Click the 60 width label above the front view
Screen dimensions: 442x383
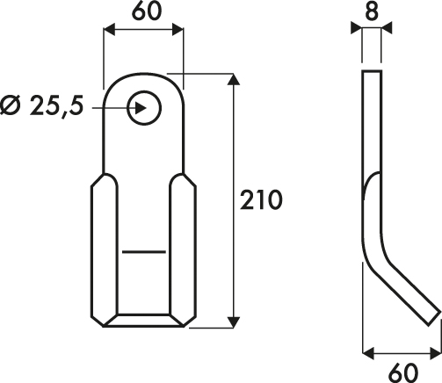click(147, 11)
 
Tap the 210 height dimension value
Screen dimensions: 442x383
click(261, 200)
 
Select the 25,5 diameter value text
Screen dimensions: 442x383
click(56, 105)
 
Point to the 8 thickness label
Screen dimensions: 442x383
click(372, 11)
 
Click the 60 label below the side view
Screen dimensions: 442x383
click(403, 372)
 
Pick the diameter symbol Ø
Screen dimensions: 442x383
click(11, 105)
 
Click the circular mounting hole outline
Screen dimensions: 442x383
click(144, 91)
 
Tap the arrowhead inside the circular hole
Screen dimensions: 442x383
click(141, 108)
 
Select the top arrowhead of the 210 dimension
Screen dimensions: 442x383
click(234, 79)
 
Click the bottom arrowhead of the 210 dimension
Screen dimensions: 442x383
click(234, 322)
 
